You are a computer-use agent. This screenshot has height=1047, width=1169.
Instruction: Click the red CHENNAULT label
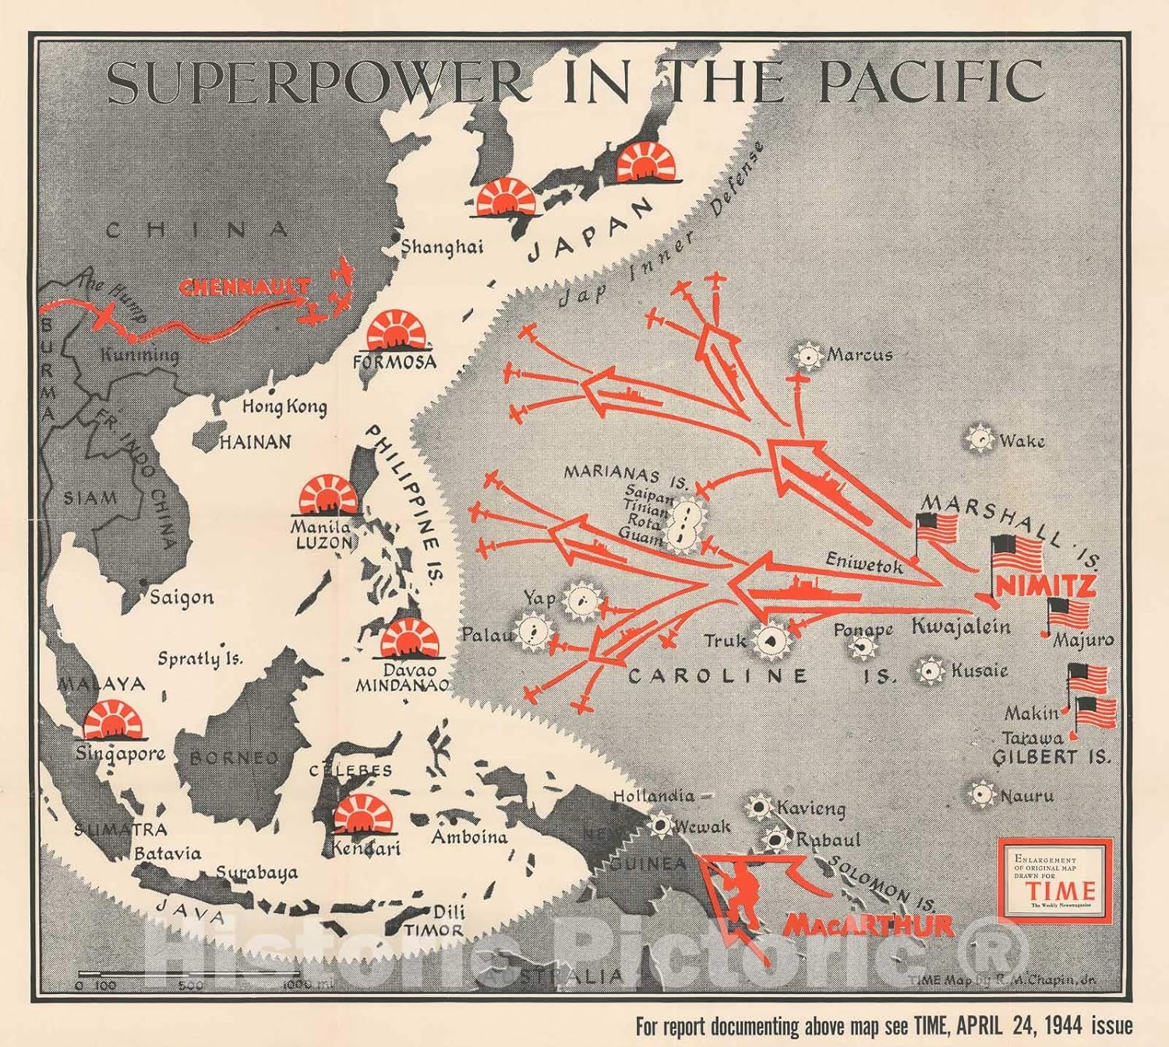pyautogui.click(x=245, y=287)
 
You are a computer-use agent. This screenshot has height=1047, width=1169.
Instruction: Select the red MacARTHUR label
pyautogui.click(x=868, y=925)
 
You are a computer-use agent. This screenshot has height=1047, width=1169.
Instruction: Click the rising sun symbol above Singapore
pyautogui.click(x=115, y=721)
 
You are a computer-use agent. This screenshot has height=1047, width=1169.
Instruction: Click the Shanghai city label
pyautogui.click(x=441, y=247)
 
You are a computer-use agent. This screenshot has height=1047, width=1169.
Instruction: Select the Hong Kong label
pyautogui.click(x=284, y=407)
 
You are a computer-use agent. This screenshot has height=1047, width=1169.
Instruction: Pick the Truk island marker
pyautogui.click(x=771, y=641)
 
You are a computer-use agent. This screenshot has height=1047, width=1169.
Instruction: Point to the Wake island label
pyautogui.click(x=1022, y=441)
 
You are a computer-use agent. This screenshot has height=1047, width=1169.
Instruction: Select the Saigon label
pyautogui.click(x=181, y=598)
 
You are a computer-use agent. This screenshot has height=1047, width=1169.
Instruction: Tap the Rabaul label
pyautogui.click(x=828, y=840)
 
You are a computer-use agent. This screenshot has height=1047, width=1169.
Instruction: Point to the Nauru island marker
pyautogui.click(x=980, y=795)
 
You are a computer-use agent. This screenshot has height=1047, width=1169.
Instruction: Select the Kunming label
pyautogui.click(x=140, y=355)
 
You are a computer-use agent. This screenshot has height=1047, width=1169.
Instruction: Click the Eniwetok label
pyautogui.click(x=864, y=563)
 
